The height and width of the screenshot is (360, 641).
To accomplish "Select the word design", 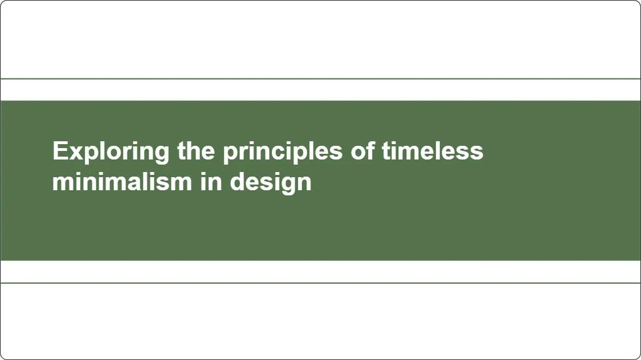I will [271, 182].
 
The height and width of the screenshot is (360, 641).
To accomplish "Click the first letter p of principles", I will [230, 154].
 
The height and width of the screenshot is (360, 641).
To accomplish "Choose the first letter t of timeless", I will [385, 152].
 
